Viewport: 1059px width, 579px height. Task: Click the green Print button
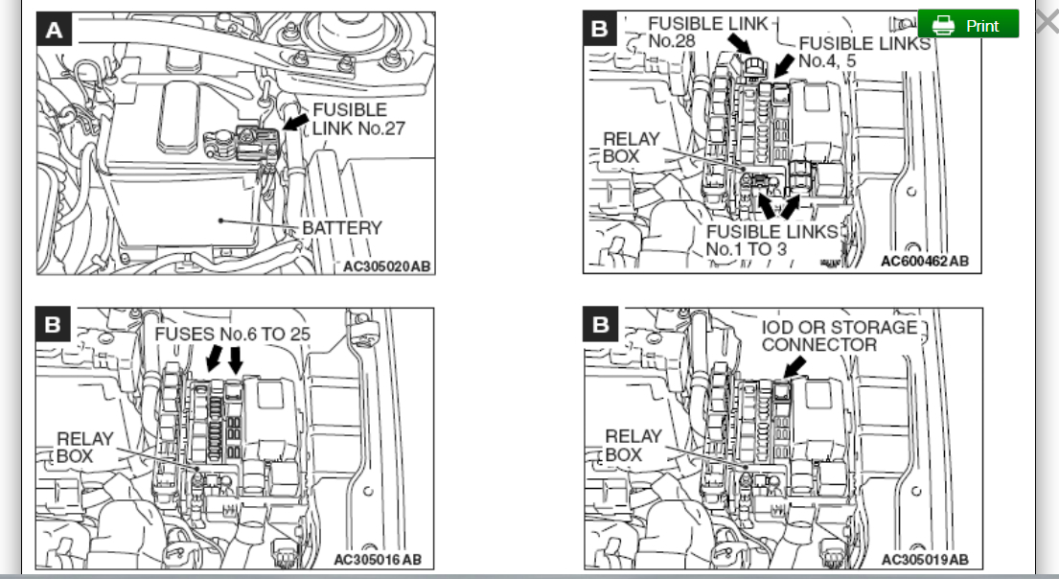(968, 25)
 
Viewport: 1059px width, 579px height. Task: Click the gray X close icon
(1046, 22)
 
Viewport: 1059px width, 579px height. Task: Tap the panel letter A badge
(55, 31)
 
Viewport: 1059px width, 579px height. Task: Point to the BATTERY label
(342, 228)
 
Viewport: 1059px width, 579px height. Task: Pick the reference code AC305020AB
(386, 266)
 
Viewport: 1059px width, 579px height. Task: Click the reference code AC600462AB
(924, 261)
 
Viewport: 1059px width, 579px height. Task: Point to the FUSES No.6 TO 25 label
(247, 335)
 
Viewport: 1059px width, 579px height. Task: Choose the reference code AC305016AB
(377, 560)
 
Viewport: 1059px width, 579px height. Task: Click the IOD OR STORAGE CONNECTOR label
(839, 336)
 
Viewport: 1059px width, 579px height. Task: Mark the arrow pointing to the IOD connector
(794, 365)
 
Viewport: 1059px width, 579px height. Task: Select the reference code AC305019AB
(924, 560)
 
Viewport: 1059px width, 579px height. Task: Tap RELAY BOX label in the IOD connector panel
(633, 445)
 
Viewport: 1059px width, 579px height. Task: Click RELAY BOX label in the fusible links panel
(632, 148)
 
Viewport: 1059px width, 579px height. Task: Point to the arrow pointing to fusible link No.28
(739, 43)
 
